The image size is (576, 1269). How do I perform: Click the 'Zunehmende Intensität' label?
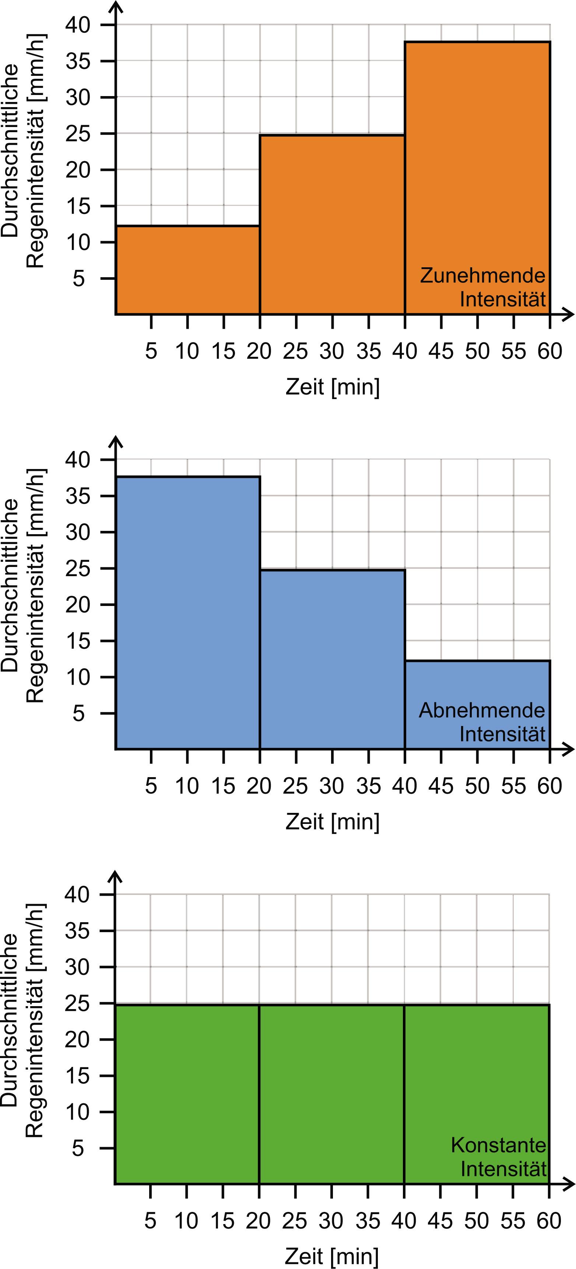coord(482,287)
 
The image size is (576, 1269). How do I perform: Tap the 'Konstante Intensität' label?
coord(498,1157)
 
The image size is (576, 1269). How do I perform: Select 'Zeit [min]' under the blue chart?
coord(333,822)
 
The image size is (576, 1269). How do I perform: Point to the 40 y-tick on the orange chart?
coord(78,25)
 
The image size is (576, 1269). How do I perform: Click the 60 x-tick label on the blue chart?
coord(549,786)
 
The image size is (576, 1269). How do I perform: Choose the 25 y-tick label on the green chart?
coord(77,1003)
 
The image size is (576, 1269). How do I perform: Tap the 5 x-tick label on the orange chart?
coord(151,351)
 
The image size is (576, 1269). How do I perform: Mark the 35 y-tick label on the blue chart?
coord(78,496)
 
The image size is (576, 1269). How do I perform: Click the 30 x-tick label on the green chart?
coord(331,1221)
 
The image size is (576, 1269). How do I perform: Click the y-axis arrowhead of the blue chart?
coord(115,440)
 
